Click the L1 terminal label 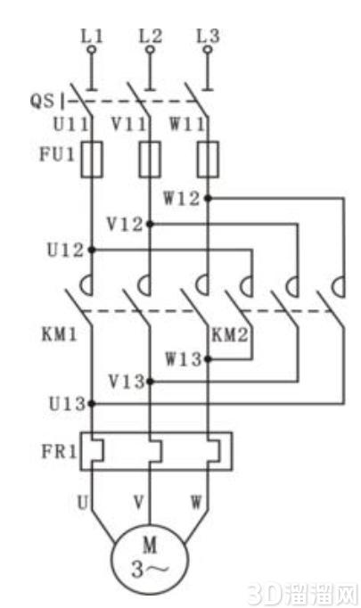coord(93,36)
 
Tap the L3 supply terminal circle coord(209,50)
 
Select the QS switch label coord(42,101)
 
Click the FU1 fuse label coord(57,154)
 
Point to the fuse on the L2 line coord(150,160)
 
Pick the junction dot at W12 coord(208,199)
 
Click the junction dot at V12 coord(150,224)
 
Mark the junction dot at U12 coord(92,250)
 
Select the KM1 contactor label coord(60,333)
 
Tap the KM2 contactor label coord(230,334)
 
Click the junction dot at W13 coord(208,359)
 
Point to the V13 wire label coord(127,382)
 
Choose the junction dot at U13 coord(92,404)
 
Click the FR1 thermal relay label coord(59,451)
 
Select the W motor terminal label coord(196,502)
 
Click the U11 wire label coord(70,125)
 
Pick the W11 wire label coord(187,125)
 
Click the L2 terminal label coord(151,36)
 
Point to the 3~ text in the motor coord(150,570)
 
